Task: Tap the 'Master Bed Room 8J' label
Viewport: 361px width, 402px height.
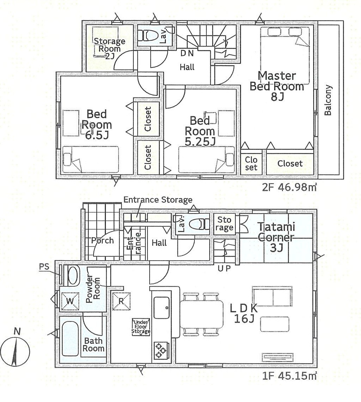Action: click(x=277, y=86)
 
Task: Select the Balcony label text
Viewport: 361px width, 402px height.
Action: click(x=327, y=100)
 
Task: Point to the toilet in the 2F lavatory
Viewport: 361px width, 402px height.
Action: click(x=148, y=35)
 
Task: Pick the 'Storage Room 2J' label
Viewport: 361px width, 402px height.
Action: click(x=109, y=49)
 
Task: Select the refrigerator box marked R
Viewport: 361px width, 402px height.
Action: click(x=121, y=301)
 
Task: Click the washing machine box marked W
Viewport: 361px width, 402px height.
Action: click(x=70, y=301)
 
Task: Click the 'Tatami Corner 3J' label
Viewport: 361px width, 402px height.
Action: click(x=276, y=237)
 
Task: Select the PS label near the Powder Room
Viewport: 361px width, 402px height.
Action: click(x=44, y=267)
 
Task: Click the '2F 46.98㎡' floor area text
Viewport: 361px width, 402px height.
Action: click(x=289, y=187)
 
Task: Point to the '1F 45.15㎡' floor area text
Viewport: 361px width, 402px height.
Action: click(x=289, y=376)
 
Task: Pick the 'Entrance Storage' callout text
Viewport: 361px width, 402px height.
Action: click(x=158, y=200)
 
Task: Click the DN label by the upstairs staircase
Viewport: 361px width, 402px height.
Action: click(x=187, y=53)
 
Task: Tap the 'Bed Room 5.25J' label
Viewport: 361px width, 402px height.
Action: click(x=200, y=131)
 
